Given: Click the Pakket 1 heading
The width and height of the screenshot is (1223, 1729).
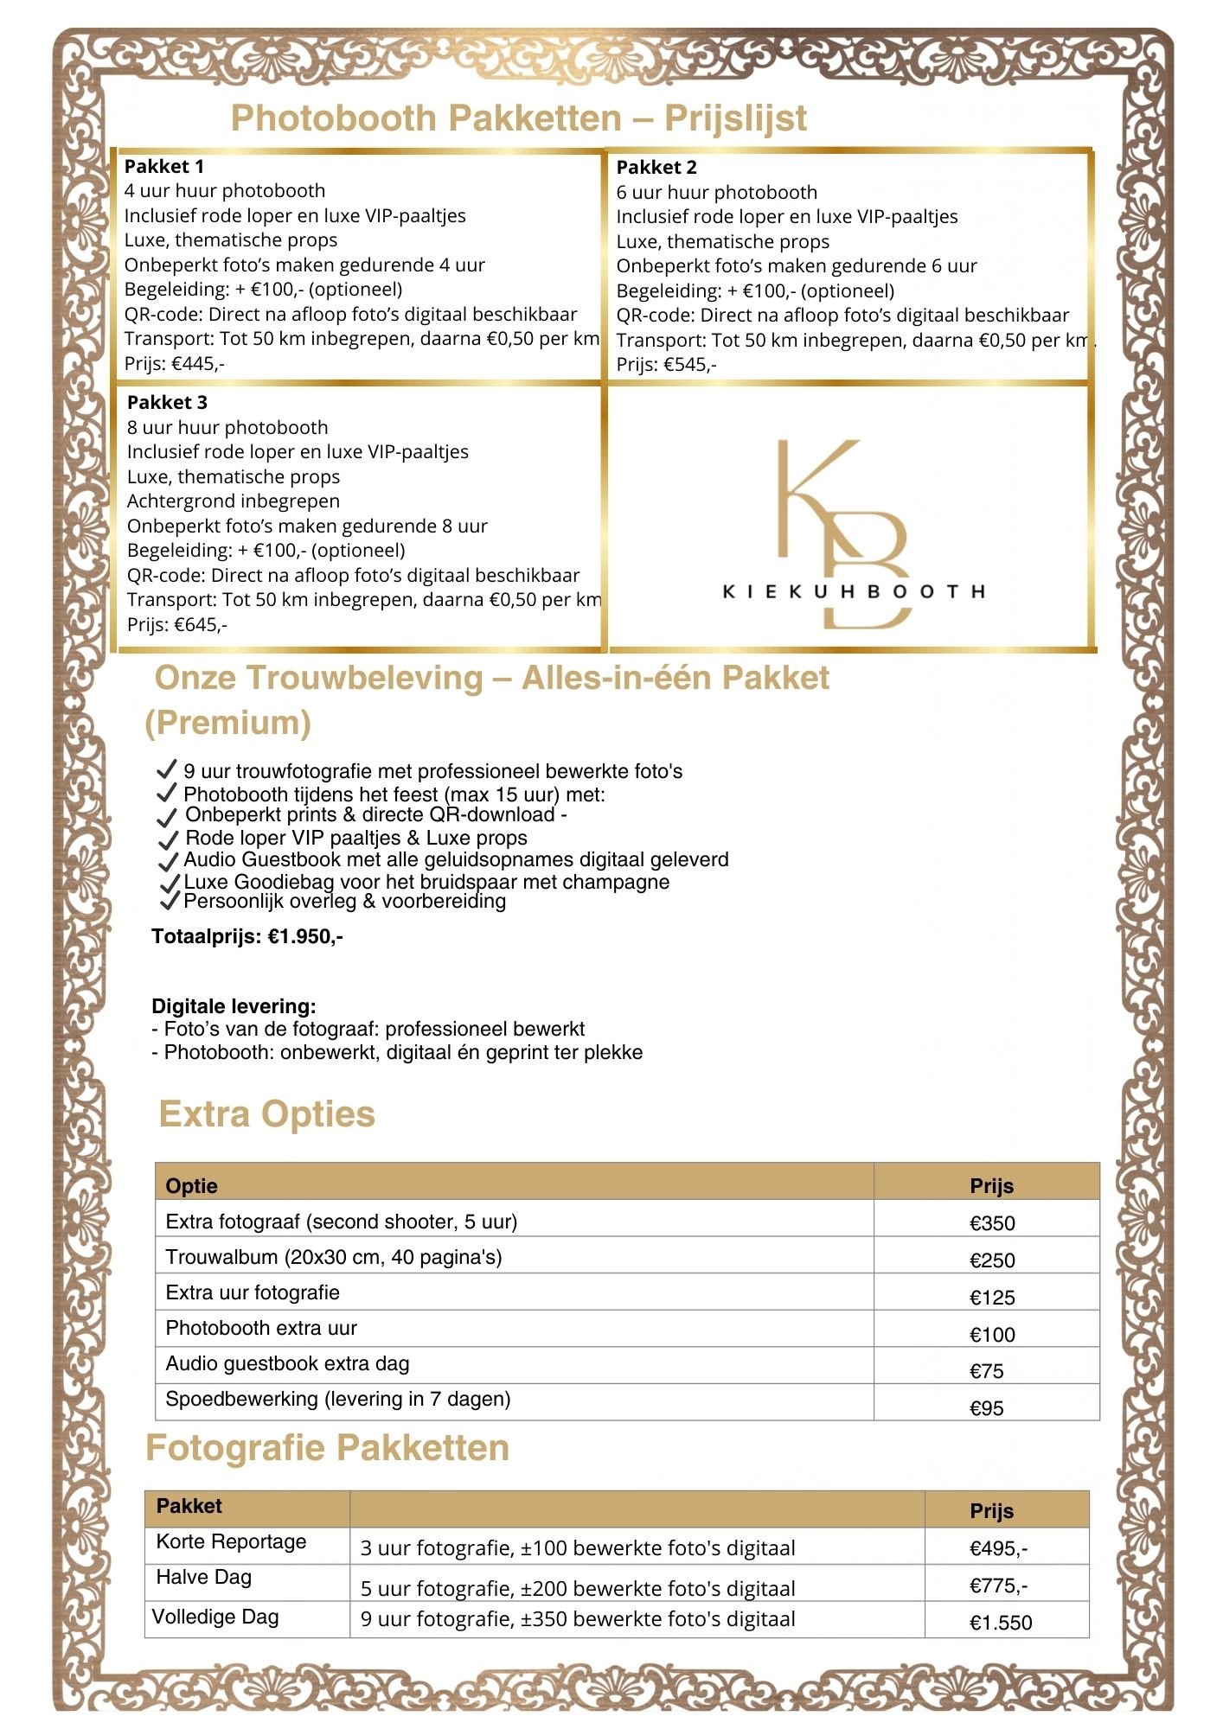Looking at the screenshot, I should click(164, 166).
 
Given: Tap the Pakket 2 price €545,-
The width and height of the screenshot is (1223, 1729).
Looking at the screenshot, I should click(666, 365).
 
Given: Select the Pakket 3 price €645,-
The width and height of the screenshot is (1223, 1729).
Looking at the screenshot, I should click(177, 624).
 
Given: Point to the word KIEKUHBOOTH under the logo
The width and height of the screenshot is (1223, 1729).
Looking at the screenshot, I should click(854, 592).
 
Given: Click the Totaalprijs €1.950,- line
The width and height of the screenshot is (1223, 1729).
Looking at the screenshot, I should click(247, 936).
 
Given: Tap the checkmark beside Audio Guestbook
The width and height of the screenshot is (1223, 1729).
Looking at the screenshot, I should click(168, 862).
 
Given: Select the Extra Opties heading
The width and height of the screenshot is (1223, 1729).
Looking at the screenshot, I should click(266, 1114).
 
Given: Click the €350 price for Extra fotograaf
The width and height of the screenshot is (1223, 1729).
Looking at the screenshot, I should click(992, 1223).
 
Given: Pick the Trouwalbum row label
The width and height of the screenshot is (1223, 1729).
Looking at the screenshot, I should click(334, 1257).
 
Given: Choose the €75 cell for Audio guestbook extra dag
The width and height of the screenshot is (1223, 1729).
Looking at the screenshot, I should click(986, 1371).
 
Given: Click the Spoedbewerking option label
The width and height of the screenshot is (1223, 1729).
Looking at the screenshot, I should click(338, 1399).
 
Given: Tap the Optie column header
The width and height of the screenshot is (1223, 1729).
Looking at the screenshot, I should click(191, 1185).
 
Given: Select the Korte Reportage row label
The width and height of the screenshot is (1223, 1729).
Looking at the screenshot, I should click(231, 1541).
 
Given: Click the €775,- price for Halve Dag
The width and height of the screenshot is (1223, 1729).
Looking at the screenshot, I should click(998, 1585).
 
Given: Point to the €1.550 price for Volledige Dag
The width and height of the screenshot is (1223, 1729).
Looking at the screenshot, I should click(1001, 1623).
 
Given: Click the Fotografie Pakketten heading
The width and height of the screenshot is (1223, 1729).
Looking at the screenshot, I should click(327, 1448).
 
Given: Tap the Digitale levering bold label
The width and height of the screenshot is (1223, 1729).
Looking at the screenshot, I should click(234, 1006).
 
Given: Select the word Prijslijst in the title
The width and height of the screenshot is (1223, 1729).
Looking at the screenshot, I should click(735, 118).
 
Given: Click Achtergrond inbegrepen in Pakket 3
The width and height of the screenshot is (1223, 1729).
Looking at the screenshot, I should click(234, 501).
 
